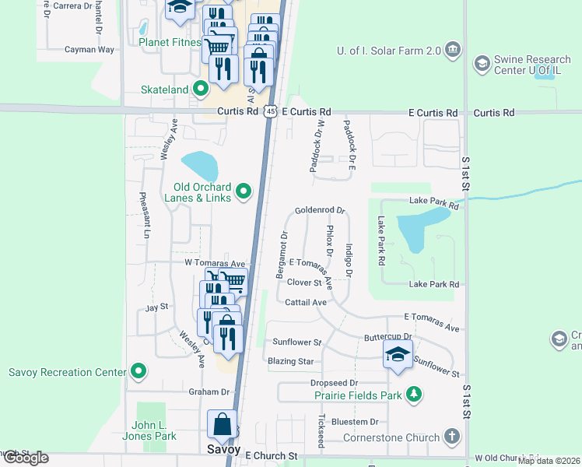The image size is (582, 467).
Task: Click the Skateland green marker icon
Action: tap(201, 90)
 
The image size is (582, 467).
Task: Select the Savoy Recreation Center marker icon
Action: tap(138, 371)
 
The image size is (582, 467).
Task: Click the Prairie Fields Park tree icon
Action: tap(415, 395)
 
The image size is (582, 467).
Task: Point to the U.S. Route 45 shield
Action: tap(269, 112)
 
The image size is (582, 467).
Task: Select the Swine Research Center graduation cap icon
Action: tap(482, 62)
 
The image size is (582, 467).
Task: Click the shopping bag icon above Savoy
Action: tap(223, 424)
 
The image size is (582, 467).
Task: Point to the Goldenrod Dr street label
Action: tap(319, 211)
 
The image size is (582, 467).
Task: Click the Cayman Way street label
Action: tap(89, 49)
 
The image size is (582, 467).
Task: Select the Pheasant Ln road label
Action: tap(144, 215)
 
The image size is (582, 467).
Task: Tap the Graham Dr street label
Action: tap(205, 392)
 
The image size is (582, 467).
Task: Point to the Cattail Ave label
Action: tap(305, 302)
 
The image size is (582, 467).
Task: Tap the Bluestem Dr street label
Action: tap(354, 422)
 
